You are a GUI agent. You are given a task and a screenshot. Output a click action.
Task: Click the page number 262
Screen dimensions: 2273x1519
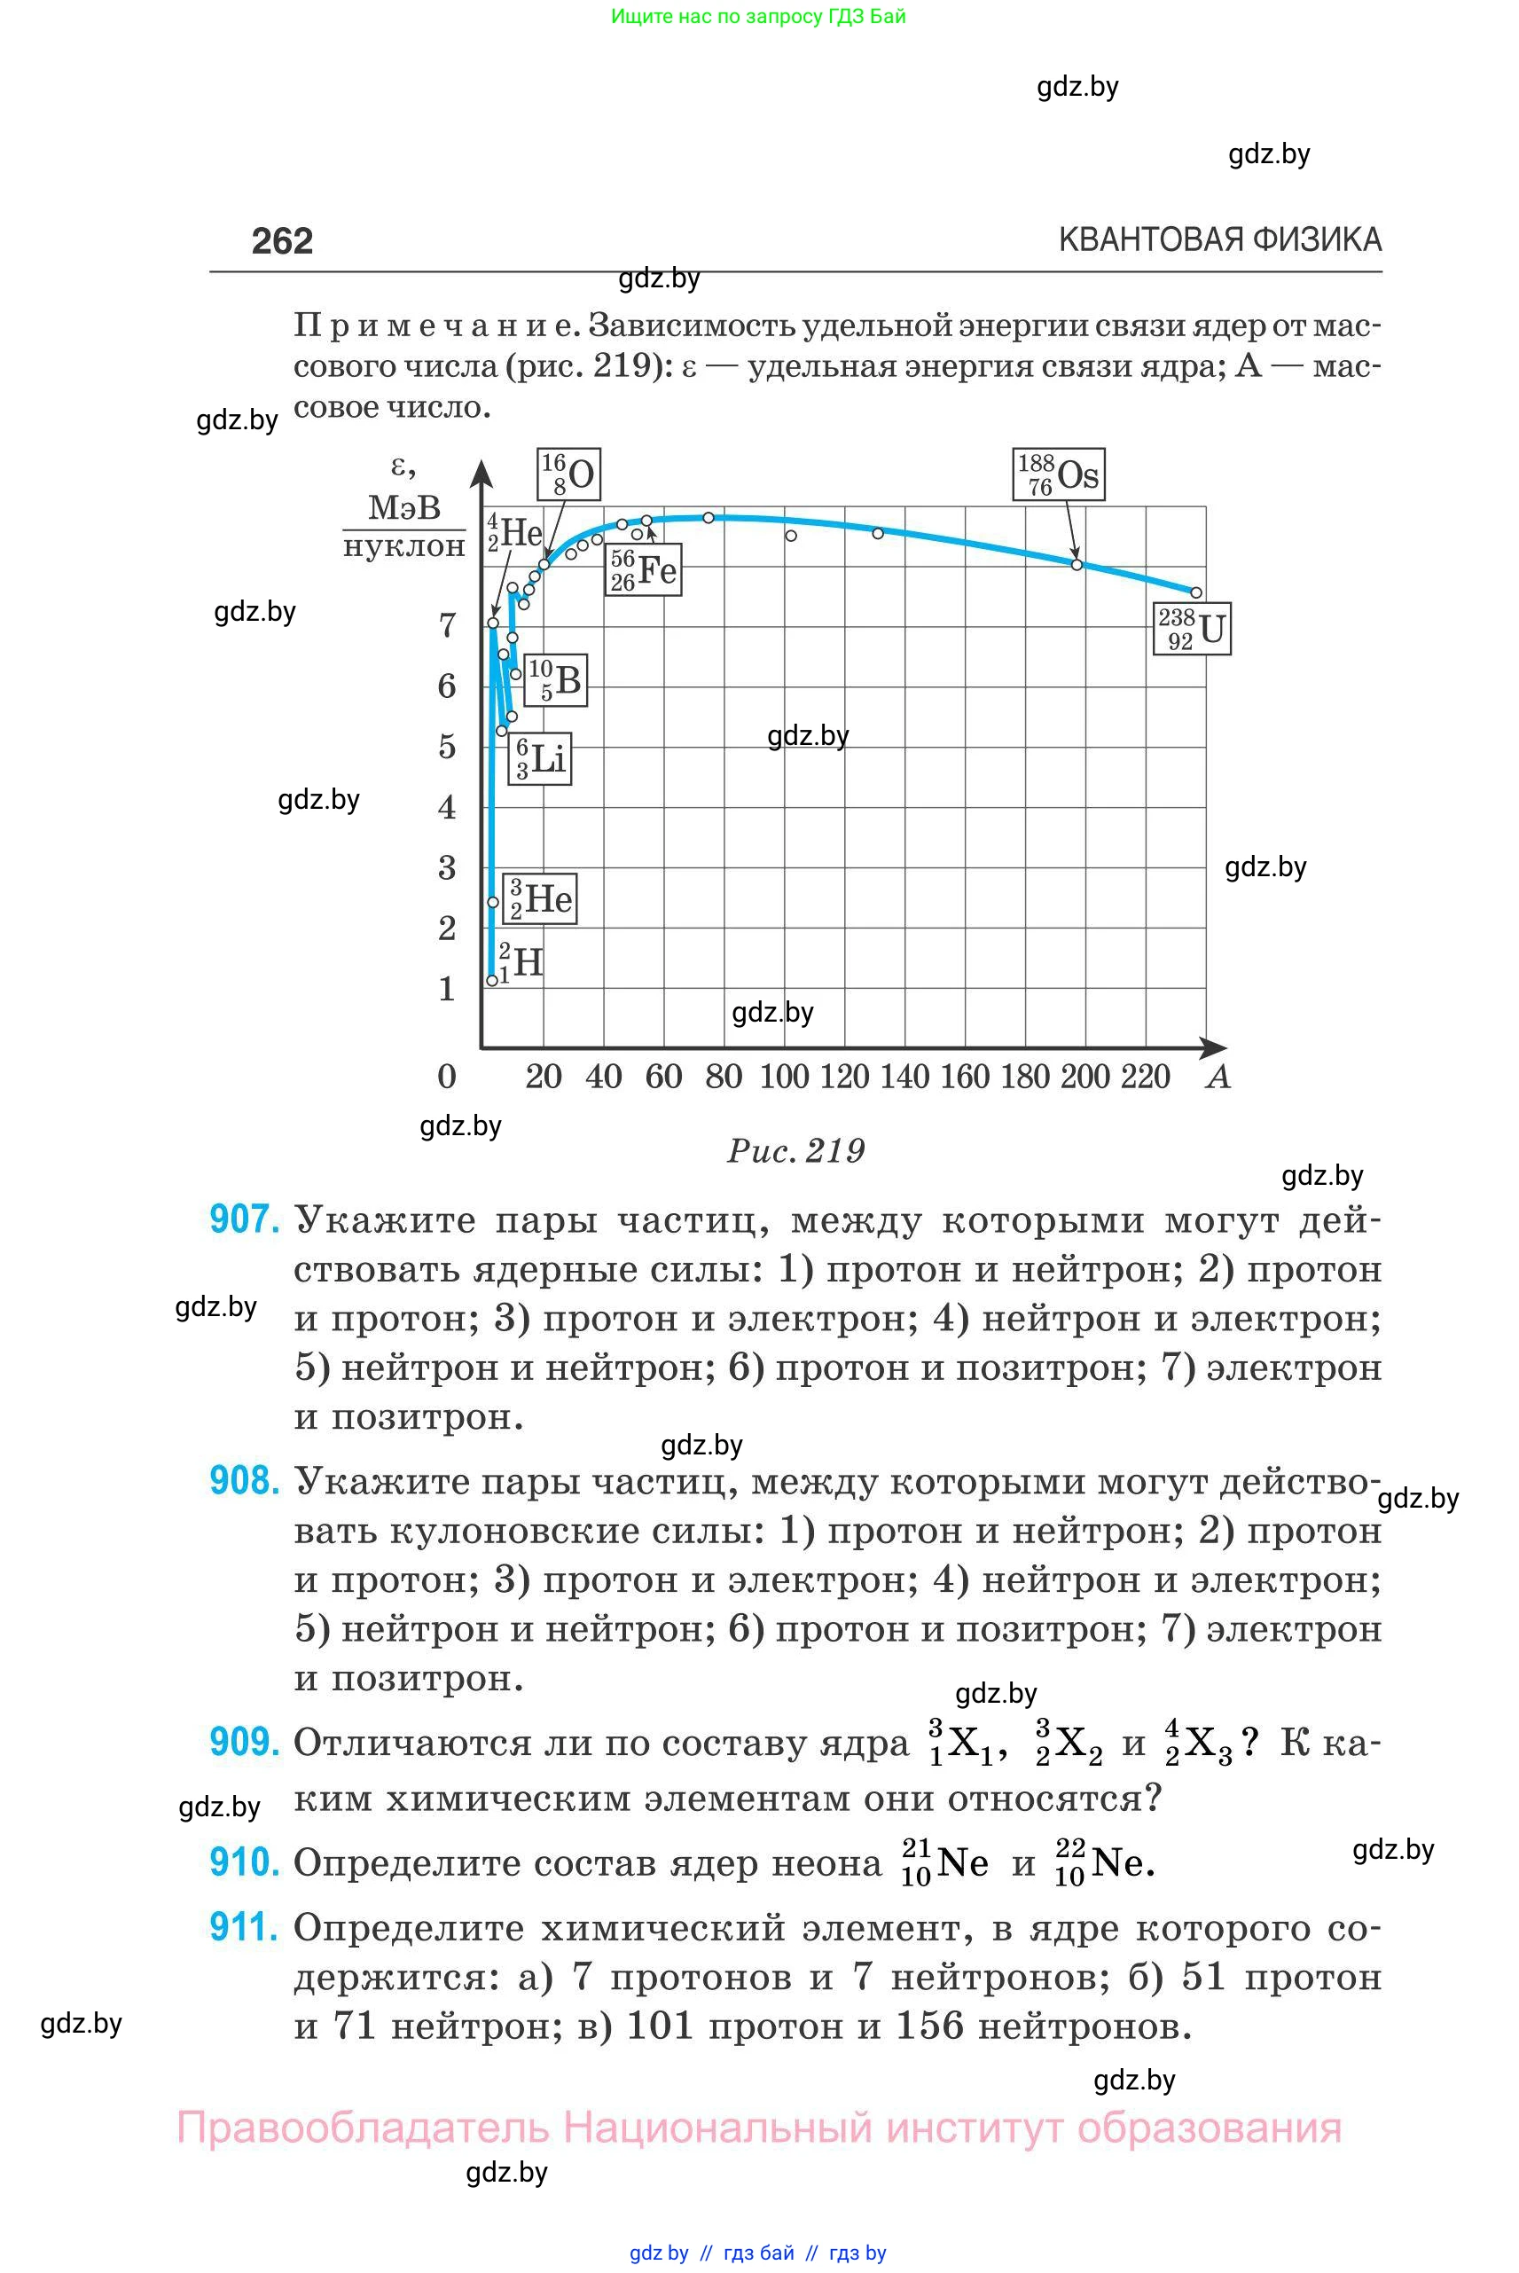(282, 241)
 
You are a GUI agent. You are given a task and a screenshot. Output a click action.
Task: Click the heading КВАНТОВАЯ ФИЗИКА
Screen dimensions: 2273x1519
(1219, 239)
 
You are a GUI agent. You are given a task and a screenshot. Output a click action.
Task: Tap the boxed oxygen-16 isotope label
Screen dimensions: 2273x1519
(568, 474)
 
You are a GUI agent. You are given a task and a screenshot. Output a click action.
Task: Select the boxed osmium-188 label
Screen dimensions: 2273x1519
(1058, 474)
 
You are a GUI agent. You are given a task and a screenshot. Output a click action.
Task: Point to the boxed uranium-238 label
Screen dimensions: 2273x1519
(1192, 629)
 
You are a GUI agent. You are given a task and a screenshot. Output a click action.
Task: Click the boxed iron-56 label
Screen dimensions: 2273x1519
(643, 569)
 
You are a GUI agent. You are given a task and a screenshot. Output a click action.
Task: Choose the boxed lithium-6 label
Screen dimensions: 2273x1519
(540, 757)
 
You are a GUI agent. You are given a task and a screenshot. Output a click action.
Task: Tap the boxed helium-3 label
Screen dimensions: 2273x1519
(542, 898)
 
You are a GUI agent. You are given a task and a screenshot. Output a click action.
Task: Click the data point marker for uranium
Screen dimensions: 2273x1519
(1196, 592)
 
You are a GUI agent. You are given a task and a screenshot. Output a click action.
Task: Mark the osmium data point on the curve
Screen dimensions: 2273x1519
(1077, 564)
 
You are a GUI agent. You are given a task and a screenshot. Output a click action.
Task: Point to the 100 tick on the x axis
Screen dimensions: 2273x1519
(784, 1077)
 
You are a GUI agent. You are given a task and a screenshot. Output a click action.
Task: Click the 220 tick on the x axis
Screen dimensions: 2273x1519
(1145, 1077)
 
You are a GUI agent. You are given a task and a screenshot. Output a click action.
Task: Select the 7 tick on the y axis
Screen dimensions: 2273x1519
(447, 625)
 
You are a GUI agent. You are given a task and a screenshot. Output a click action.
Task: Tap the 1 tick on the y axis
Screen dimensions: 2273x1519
(447, 989)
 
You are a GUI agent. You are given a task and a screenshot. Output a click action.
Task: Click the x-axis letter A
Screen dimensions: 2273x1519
(1218, 1077)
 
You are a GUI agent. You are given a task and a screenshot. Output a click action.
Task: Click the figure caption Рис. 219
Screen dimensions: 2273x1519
(795, 1151)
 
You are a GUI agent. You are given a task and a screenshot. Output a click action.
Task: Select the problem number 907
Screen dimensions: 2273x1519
(245, 1219)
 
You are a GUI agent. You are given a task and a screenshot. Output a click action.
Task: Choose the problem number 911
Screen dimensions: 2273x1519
(245, 1927)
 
